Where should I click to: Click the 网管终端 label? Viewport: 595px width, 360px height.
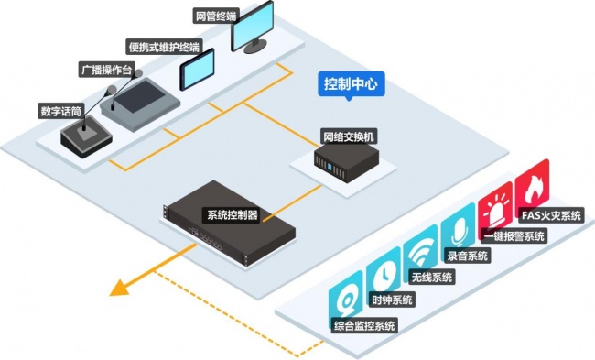coord(215,16)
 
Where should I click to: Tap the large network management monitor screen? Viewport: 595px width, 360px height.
coord(253,26)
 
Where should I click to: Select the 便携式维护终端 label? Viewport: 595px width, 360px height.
coord(164,47)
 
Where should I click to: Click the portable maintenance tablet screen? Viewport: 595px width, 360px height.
coord(197,69)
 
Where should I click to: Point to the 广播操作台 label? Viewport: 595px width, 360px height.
coord(107,70)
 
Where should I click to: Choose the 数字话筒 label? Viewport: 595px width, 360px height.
coord(61,111)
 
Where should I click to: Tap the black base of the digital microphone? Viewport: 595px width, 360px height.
coord(86,137)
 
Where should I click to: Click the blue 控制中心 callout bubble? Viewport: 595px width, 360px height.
coord(351,84)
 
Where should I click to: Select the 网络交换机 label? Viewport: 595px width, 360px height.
coord(349,136)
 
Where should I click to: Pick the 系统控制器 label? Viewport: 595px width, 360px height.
coord(232,215)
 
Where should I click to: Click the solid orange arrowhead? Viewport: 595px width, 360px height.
coord(120,288)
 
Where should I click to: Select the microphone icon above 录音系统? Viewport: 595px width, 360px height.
coord(458,231)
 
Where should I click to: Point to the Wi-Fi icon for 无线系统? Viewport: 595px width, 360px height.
coord(420,253)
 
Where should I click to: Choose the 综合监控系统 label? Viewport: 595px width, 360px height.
coord(364,325)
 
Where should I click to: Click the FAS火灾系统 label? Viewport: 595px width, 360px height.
coord(551,215)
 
